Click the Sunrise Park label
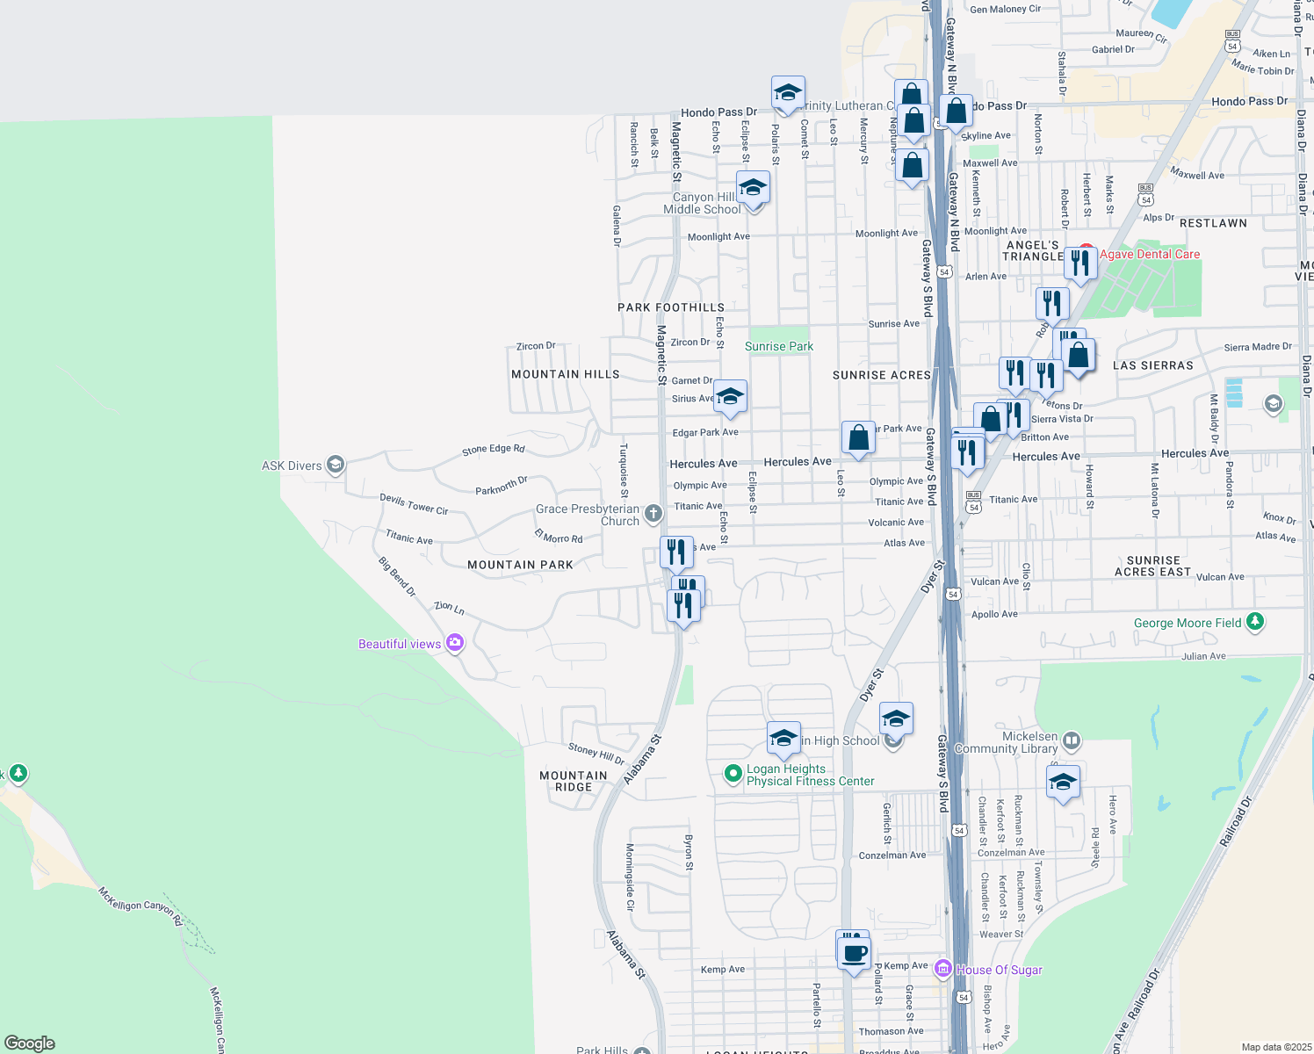pyautogui.click(x=779, y=347)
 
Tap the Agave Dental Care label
pyautogui.click(x=1149, y=255)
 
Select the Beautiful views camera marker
pyautogui.click(x=455, y=643)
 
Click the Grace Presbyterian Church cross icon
pyautogui.click(x=653, y=514)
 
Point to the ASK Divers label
pyautogui.click(x=292, y=466)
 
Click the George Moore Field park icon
pyautogui.click(x=1255, y=623)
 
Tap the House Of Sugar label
pyautogui.click(x=999, y=970)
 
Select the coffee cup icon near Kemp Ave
pyautogui.click(x=854, y=951)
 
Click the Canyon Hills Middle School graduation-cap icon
pyautogui.click(x=752, y=187)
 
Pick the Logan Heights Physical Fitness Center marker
pyautogui.click(x=733, y=774)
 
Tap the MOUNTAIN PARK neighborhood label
pyautogui.click(x=520, y=565)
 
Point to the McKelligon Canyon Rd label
pyautogui.click(x=141, y=906)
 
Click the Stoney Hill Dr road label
pyautogui.click(x=596, y=753)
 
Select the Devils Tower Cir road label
pyautogui.click(x=414, y=504)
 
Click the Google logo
pyautogui.click(x=30, y=1043)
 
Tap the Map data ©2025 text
pyautogui.click(x=1276, y=1047)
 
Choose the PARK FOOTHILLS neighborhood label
pyautogui.click(x=670, y=307)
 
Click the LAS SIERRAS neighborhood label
pyautogui.click(x=1152, y=365)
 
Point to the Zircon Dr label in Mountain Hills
pyautogui.click(x=536, y=346)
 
